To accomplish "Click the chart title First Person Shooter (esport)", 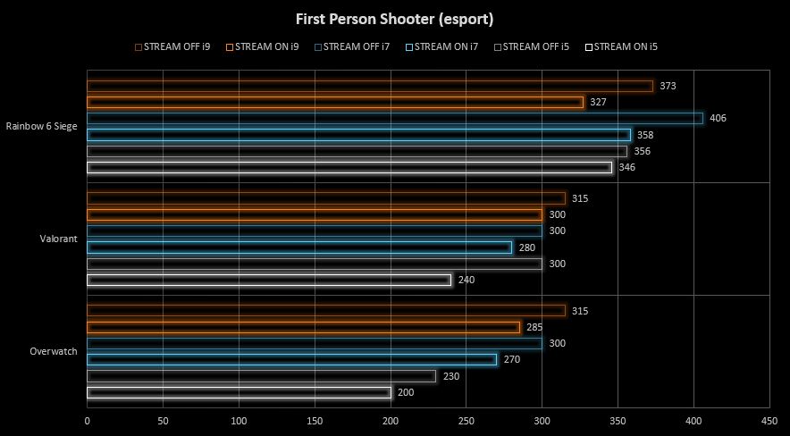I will point(394,18).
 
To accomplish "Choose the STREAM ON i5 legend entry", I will point(626,46).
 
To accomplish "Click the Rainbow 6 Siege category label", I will point(41,126).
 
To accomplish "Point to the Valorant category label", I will point(59,239).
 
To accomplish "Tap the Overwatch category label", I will point(54,351).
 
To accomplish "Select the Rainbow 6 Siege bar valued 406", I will point(395,118).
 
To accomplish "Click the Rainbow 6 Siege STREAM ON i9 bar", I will point(335,102).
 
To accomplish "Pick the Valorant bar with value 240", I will point(269,280).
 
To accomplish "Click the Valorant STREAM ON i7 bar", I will point(299,247).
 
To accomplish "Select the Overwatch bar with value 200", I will point(239,392).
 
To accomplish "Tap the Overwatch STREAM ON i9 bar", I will point(303,327).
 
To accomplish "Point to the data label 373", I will point(668,86).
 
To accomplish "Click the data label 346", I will point(626,167).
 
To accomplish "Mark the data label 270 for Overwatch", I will point(511,360).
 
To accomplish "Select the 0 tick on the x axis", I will point(88,419).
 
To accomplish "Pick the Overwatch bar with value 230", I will point(261,376).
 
